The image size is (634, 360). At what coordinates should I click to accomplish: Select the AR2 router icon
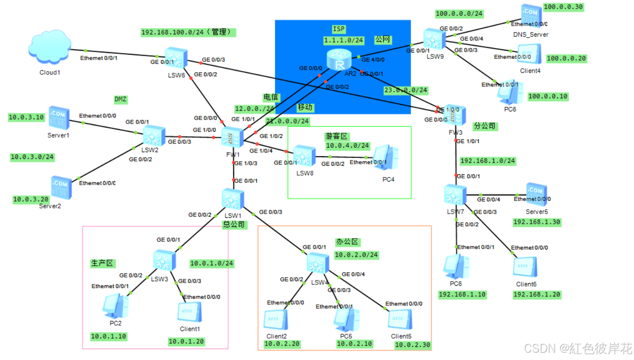[x=339, y=60]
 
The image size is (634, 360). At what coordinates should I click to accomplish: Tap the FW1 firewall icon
[x=233, y=136]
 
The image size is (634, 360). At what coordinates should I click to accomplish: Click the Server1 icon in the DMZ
[x=59, y=119]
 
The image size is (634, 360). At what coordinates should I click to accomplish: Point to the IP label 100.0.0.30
[x=563, y=7]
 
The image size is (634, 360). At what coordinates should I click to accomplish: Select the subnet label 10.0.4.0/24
[x=347, y=146]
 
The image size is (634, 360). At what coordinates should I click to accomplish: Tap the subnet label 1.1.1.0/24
[x=344, y=40]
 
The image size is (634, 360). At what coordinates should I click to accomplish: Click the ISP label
[x=339, y=29]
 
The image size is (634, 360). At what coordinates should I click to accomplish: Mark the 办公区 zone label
[x=348, y=242]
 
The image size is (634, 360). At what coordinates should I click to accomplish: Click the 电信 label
[x=271, y=97]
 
